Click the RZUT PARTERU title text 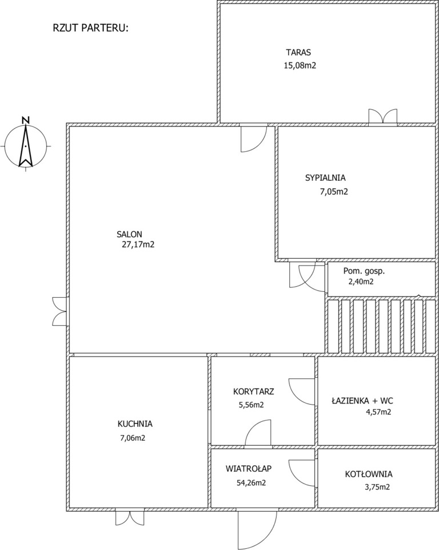[x=91, y=28]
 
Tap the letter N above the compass [x=26, y=120]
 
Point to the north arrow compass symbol [x=26, y=146]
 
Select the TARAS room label [x=298, y=53]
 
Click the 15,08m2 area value [x=300, y=66]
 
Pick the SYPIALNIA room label [x=325, y=178]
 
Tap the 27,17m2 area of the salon [x=138, y=244]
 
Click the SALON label [x=129, y=234]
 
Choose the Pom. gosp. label [x=364, y=271]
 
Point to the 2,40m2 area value [x=361, y=282]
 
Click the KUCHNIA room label [x=135, y=424]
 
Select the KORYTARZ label [x=254, y=391]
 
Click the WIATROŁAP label [x=249, y=468]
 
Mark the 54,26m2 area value [x=251, y=483]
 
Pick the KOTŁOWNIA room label [x=369, y=474]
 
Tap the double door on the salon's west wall [x=60, y=311]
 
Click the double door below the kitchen [x=130, y=517]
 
